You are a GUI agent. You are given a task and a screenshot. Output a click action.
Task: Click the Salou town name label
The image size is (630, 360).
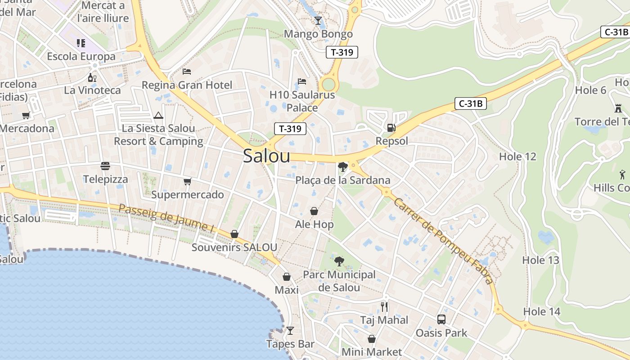(266, 156)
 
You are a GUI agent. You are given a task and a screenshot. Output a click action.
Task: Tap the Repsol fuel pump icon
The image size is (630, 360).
(391, 128)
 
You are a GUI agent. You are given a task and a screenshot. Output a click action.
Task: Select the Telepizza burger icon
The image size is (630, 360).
(105, 166)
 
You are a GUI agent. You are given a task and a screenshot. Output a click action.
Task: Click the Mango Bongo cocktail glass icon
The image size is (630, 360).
(318, 20)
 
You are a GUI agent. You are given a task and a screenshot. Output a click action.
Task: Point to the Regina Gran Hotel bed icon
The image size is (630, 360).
(187, 72)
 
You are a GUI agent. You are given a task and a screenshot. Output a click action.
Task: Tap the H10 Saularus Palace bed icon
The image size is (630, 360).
(302, 81)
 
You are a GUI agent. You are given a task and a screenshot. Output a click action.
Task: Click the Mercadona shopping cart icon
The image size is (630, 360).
(26, 115)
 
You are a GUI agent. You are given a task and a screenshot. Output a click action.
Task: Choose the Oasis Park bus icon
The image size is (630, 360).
(441, 319)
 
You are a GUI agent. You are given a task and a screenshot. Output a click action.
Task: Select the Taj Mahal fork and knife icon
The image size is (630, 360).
(384, 307)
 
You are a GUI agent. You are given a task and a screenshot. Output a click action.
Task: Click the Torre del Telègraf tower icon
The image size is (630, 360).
(618, 108)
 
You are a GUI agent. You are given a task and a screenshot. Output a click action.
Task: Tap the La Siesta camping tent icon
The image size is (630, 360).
(158, 115)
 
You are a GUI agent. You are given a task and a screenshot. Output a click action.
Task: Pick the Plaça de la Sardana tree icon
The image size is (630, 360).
(342, 167)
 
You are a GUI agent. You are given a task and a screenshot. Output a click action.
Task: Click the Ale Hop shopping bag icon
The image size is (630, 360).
(314, 211)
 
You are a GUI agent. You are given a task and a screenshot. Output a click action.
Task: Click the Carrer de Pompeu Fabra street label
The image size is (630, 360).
(443, 241)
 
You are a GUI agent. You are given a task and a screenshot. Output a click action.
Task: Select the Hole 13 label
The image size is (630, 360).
(540, 260)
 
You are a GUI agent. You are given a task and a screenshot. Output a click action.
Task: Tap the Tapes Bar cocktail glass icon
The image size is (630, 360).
(290, 331)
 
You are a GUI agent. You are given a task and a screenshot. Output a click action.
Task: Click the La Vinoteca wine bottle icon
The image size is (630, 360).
(92, 77)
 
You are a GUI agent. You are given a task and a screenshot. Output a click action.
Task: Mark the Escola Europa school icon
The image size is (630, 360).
(81, 43)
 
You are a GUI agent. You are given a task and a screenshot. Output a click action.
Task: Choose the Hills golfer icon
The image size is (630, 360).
(622, 174)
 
